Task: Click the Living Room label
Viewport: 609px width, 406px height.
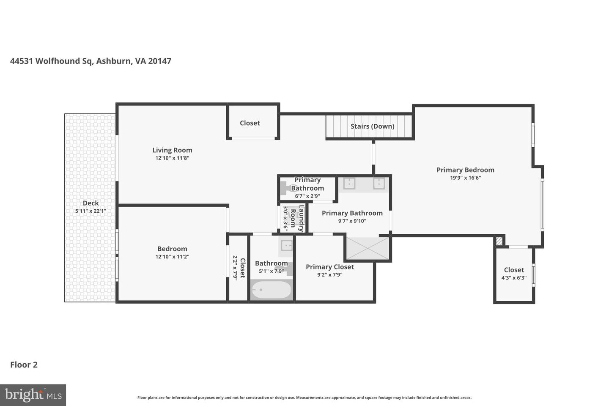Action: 172,150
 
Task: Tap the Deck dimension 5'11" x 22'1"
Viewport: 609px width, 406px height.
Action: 91,211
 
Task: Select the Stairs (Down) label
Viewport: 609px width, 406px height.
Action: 372,126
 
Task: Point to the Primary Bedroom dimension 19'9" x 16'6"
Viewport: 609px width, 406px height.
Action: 465,178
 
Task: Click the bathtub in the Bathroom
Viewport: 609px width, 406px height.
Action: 271,290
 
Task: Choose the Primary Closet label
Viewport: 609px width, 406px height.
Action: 329,267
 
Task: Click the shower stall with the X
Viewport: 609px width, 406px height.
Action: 368,248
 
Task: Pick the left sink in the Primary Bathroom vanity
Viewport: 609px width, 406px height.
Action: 349,184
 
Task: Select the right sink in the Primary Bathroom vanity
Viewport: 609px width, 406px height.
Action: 379,184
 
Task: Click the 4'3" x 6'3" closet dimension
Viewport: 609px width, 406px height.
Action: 514,278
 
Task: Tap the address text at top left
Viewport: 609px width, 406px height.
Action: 91,61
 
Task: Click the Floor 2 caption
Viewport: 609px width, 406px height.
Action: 24,365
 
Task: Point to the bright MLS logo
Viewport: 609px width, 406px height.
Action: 33,395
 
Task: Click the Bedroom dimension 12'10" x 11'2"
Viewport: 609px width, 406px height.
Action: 172,257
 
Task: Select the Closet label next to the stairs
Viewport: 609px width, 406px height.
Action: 250,123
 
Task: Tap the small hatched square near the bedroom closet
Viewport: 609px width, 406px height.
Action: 499,241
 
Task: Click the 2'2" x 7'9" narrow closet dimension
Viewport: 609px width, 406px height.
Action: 235,268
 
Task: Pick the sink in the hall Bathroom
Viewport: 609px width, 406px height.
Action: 287,245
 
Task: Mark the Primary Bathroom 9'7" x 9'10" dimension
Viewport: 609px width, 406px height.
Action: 352,221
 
